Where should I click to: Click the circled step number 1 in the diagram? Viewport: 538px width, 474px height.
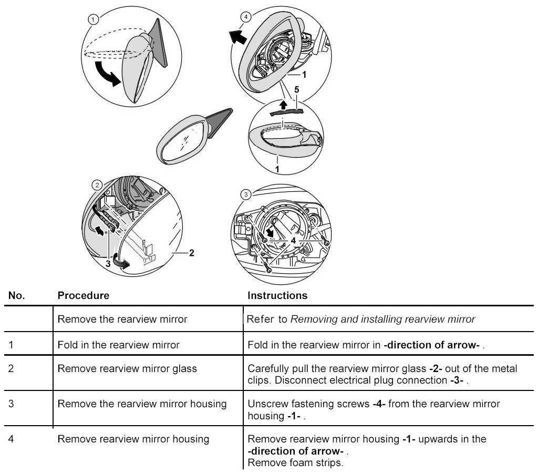93,20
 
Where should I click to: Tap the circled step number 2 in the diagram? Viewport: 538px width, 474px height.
97,184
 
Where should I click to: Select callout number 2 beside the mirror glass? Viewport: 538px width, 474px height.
192,253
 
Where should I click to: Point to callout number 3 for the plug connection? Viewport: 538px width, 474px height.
108,264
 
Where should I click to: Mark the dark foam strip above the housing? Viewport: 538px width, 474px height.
286,111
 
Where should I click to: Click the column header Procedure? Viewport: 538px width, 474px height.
83,295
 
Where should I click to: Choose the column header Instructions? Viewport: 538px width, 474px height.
277,295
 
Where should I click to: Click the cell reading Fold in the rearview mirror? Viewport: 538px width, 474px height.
119,345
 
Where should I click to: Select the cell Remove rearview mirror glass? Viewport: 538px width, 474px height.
127,368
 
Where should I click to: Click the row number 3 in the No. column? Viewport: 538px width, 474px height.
12,404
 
